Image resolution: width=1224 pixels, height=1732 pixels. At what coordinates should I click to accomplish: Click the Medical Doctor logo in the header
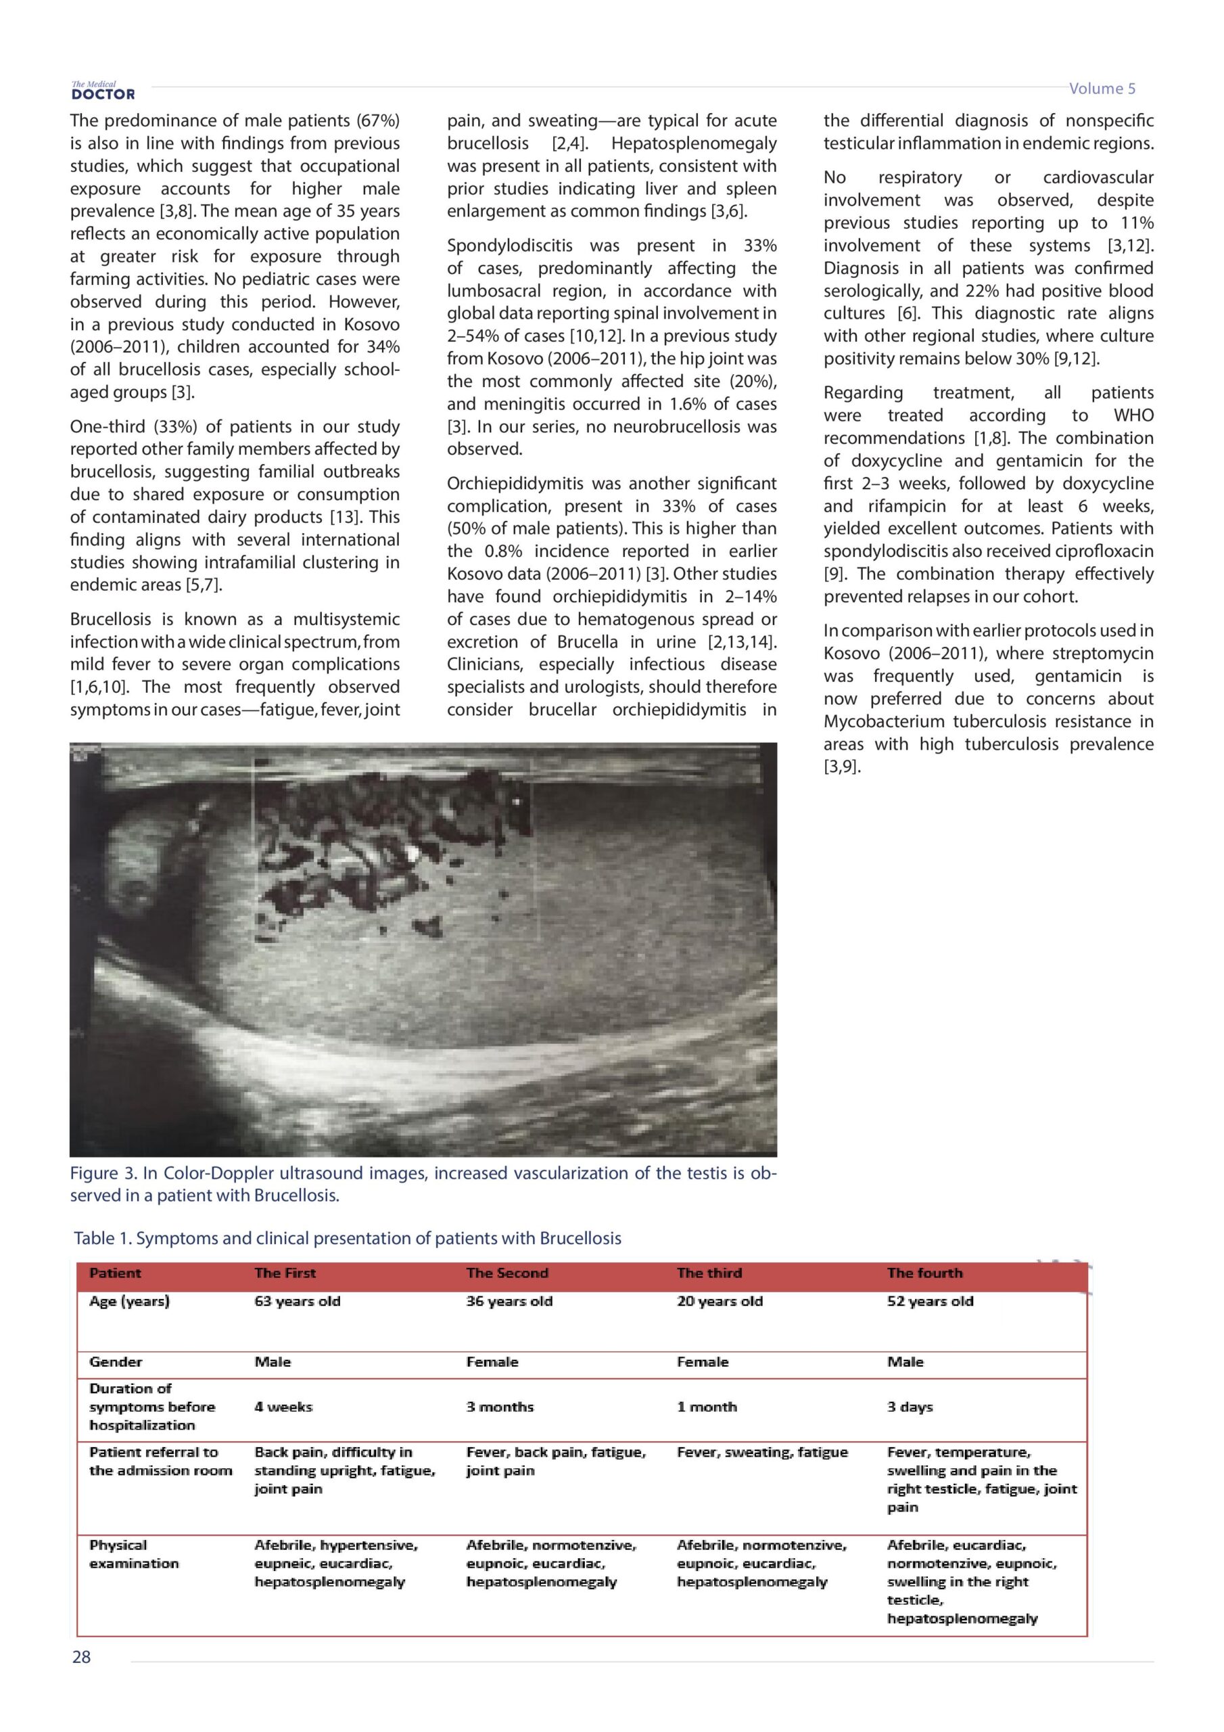coord(103,91)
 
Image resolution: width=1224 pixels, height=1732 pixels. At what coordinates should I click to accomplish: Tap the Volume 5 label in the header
coord(1101,89)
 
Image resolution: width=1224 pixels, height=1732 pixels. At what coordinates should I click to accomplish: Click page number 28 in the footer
coord(81,1657)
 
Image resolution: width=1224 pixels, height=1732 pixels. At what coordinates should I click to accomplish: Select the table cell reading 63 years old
coord(297,1300)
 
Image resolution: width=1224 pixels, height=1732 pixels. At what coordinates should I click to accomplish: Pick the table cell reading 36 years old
coord(509,1300)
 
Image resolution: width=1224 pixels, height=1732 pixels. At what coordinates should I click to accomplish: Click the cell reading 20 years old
coord(720,1300)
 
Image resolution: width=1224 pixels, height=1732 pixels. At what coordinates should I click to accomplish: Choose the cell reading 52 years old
coord(930,1300)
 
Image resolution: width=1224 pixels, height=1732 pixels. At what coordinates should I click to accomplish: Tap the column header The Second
coord(507,1273)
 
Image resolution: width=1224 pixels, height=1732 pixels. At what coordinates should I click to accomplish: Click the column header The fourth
coord(924,1273)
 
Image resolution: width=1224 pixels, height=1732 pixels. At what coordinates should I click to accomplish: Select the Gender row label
coord(116,1362)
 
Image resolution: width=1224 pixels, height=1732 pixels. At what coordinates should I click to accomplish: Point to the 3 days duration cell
coord(910,1407)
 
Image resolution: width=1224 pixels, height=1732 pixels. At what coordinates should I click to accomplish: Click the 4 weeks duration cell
coord(283,1407)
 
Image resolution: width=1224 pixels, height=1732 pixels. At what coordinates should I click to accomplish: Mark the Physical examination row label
coord(133,1554)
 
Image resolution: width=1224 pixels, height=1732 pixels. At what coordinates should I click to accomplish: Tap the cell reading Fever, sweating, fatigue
coord(761,1452)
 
